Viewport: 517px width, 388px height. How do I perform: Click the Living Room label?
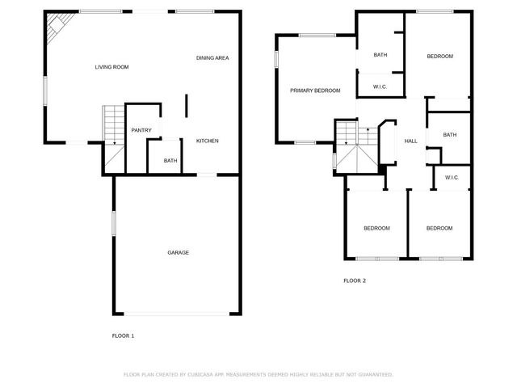111,67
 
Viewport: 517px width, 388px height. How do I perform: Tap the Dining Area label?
212,58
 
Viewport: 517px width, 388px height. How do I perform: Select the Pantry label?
141,130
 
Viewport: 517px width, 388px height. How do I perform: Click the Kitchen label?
207,141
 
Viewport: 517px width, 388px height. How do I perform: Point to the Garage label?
178,253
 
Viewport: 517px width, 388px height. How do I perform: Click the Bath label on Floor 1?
170,161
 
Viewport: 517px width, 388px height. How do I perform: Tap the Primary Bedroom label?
315,91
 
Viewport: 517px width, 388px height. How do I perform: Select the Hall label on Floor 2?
410,141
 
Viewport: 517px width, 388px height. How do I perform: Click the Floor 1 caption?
123,335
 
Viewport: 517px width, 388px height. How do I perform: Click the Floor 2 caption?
355,280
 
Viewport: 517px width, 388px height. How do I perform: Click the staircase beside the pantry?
112,125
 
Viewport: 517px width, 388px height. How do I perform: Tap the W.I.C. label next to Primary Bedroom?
380,86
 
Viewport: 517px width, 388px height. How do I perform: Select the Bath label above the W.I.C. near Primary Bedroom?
380,55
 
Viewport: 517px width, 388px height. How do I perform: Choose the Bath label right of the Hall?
449,135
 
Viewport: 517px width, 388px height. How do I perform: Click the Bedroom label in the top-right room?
439,56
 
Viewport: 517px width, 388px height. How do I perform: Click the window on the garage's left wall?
113,223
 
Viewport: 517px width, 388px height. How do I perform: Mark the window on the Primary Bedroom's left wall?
275,59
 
